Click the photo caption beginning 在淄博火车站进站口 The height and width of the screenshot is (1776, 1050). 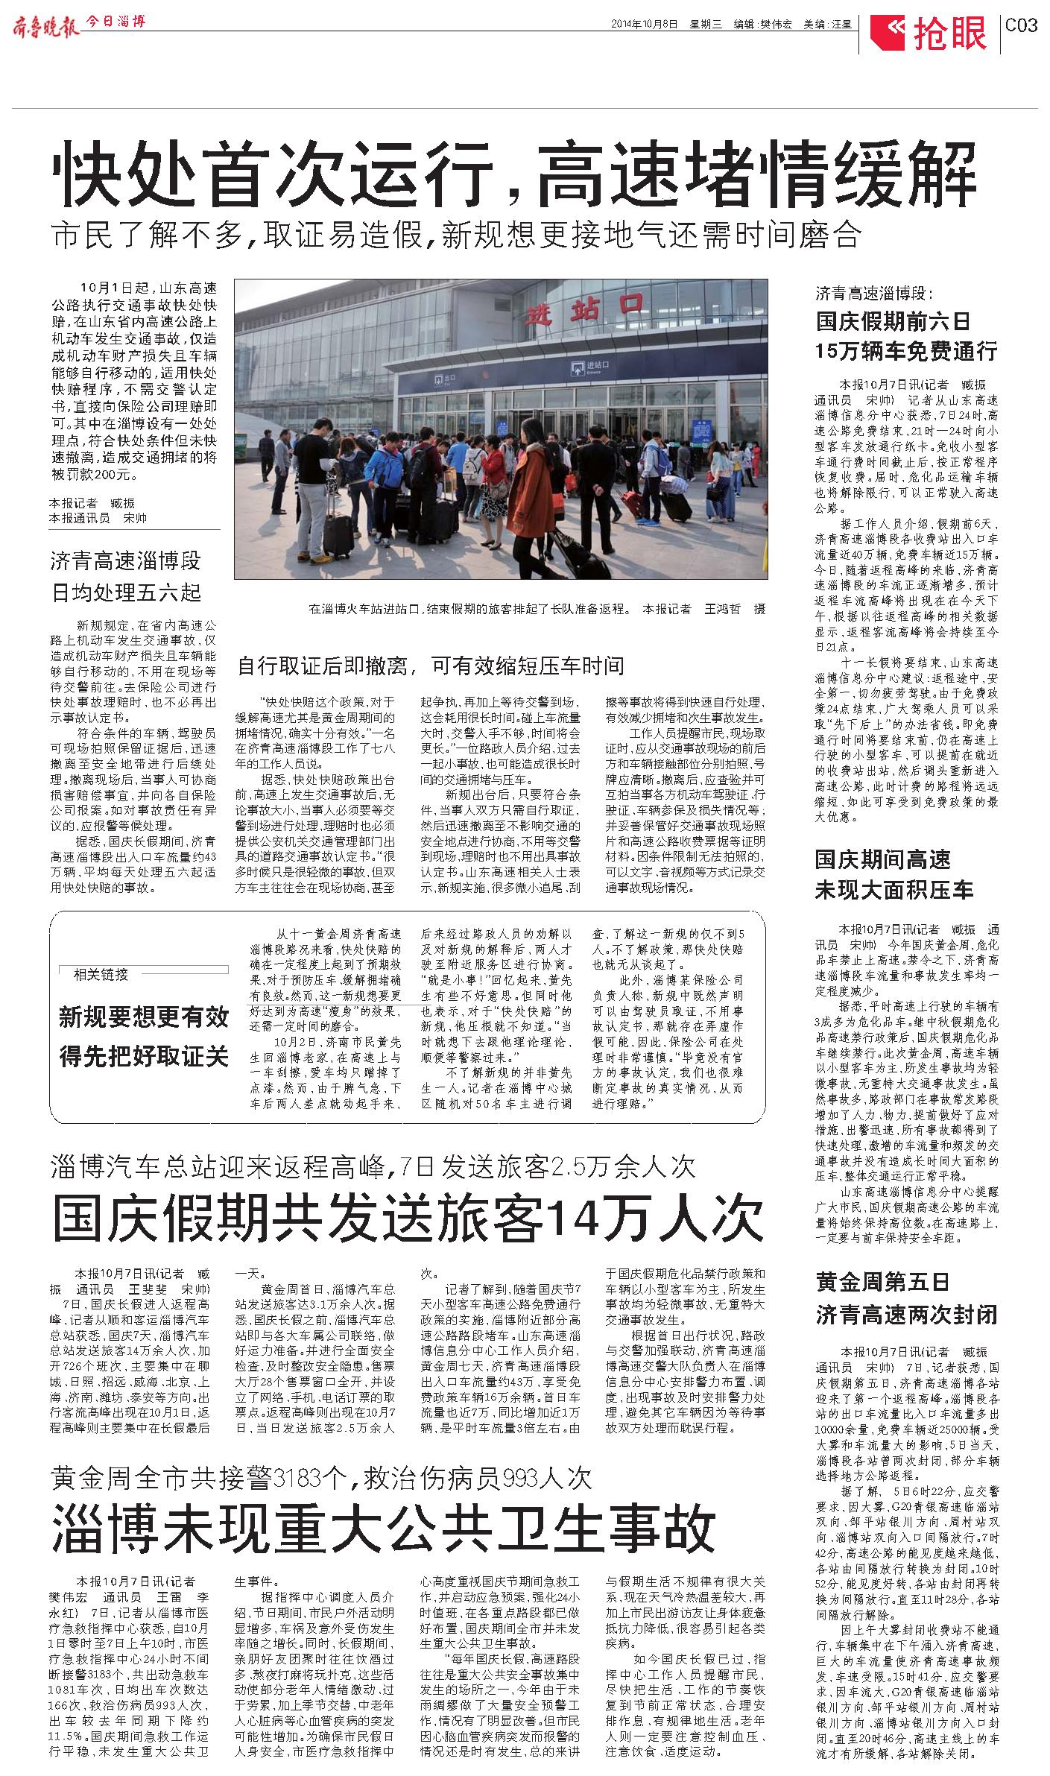tap(537, 609)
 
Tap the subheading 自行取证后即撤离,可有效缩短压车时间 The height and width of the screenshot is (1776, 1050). tap(431, 666)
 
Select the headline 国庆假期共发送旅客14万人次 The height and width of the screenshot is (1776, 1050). tap(408, 1218)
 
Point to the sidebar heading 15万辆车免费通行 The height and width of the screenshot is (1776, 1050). tap(905, 350)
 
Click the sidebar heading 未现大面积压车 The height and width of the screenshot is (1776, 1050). tap(894, 889)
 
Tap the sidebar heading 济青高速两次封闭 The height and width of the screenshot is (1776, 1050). tap(905, 1314)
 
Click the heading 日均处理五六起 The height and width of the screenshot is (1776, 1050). tap(126, 593)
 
